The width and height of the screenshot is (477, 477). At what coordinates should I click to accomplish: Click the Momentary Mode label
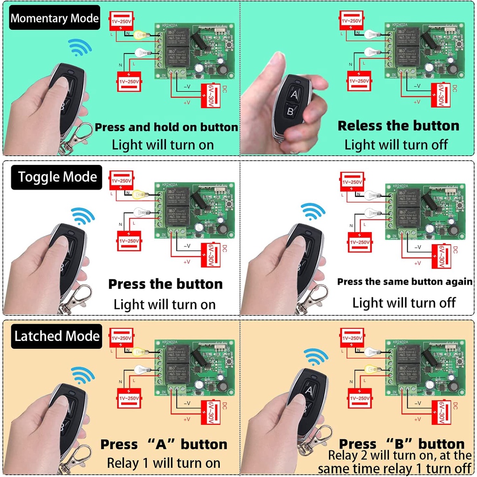coord(55,18)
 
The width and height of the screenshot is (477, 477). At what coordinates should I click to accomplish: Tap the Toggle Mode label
coord(58,177)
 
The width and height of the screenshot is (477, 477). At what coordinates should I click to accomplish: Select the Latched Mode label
coord(57,336)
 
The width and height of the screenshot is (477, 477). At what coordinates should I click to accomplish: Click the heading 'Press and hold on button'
coord(166,127)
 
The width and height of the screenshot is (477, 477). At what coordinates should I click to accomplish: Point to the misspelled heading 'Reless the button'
coord(398,126)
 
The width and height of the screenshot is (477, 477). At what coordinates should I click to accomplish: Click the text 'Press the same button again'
coord(405,281)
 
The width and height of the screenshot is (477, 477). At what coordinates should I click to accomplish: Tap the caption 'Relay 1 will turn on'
coord(164,463)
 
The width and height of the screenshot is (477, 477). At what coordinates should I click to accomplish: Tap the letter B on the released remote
coord(290,111)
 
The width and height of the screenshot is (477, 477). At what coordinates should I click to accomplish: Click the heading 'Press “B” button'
coord(402,444)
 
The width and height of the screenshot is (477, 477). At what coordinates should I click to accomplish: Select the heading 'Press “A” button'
coord(164,444)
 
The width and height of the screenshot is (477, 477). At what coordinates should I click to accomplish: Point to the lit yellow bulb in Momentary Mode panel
coord(140,34)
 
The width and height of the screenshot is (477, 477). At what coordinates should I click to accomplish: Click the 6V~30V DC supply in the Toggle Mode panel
coord(210,255)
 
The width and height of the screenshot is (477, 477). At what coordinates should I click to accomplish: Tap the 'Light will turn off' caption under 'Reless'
coord(396,144)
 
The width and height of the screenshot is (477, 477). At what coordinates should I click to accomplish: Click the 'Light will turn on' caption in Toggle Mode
coord(165,305)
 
